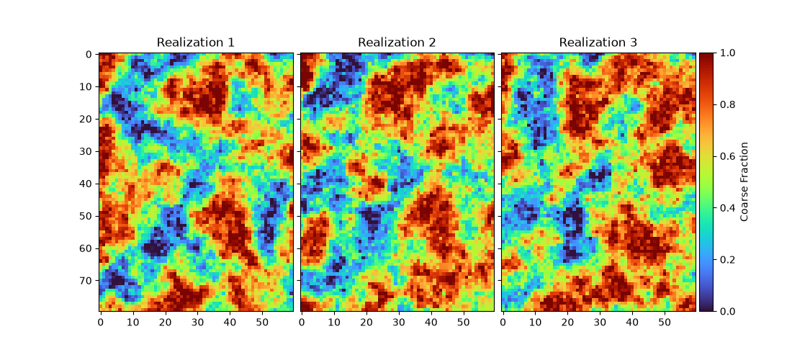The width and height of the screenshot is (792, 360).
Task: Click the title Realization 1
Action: click(x=195, y=42)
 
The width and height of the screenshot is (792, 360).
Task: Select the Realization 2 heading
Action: click(x=397, y=42)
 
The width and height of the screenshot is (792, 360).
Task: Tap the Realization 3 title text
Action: click(x=598, y=42)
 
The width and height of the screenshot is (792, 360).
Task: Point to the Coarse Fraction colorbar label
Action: click(x=744, y=181)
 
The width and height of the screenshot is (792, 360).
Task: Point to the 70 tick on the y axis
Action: click(x=87, y=281)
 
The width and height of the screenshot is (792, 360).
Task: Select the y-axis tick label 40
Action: click(x=87, y=184)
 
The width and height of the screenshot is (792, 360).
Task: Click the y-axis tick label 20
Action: click(x=87, y=119)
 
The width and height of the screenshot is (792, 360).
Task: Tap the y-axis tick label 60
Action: click(x=87, y=248)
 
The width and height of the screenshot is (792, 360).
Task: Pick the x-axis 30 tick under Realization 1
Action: click(x=198, y=321)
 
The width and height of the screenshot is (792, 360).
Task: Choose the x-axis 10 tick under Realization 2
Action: click(x=334, y=321)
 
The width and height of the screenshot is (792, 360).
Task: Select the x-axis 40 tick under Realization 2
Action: click(x=431, y=321)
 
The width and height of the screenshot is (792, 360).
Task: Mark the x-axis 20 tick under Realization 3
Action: click(x=568, y=321)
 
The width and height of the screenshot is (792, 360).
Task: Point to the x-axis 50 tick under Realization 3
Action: click(x=665, y=321)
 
